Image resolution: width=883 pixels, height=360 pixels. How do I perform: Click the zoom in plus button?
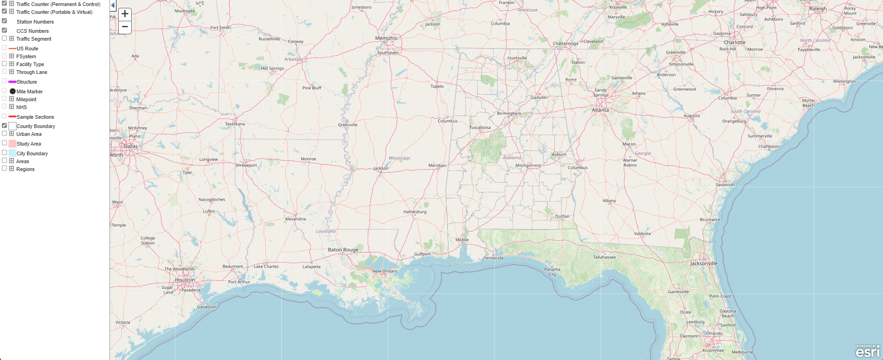pos(125,14)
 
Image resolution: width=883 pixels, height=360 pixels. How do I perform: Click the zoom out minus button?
pos(125,27)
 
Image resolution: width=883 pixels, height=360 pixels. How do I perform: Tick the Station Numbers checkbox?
pos(5,21)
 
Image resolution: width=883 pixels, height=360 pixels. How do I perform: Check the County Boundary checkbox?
pos(5,125)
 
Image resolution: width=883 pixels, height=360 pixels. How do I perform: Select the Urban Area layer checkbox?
pos(5,134)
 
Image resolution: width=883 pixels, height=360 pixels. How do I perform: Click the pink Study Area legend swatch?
pos(12,144)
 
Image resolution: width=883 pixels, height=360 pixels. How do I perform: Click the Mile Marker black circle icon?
pos(12,92)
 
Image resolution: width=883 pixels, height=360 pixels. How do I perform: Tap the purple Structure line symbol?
pos(12,82)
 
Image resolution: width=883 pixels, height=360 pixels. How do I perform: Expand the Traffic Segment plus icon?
pos(12,38)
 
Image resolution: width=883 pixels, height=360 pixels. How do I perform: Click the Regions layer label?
pos(25,169)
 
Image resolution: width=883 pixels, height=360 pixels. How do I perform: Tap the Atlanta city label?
pos(600,110)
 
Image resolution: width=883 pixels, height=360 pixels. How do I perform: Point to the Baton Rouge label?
pos(343,250)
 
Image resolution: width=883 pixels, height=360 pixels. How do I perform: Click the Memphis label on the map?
pos(386,38)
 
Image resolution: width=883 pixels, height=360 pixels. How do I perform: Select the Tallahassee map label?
pos(604,257)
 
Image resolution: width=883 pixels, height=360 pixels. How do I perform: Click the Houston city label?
pos(185,280)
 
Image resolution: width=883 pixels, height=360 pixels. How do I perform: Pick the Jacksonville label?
pos(704,263)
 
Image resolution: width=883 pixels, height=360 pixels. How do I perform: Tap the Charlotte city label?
pos(735,42)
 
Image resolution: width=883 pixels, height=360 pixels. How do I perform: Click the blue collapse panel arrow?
pos(113,5)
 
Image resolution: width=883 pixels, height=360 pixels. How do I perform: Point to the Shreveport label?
pos(246,165)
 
